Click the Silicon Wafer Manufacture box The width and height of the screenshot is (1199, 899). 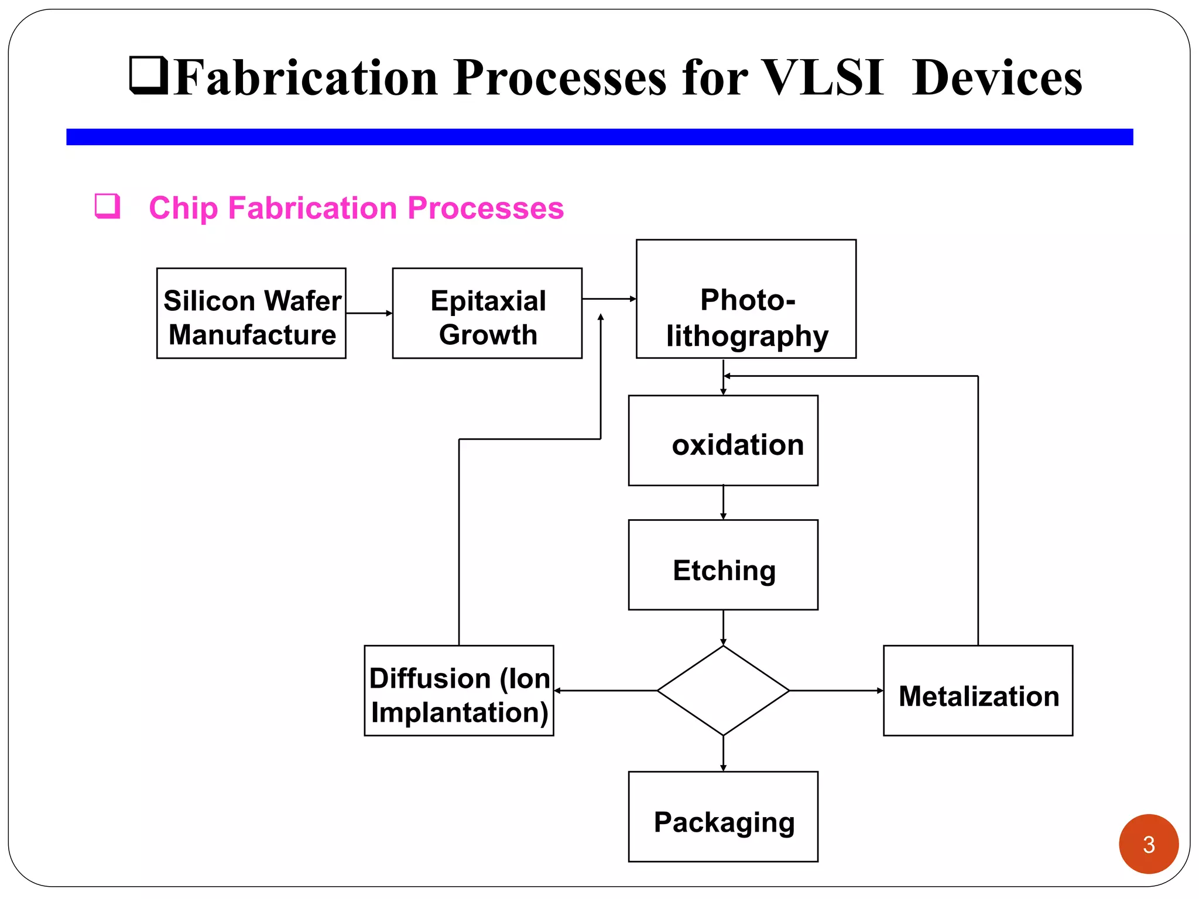point(251,314)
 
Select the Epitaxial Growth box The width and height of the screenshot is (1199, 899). point(487,314)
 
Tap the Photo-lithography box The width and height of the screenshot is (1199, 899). point(746,299)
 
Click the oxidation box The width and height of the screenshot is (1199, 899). point(723,441)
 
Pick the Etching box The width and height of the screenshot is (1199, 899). point(723,565)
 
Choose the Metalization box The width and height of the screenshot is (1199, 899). point(978,691)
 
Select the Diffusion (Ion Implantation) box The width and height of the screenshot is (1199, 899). point(458,691)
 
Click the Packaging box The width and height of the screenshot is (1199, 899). point(723,816)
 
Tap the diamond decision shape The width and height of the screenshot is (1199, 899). point(723,691)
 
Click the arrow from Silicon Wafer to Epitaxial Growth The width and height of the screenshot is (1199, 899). point(369,313)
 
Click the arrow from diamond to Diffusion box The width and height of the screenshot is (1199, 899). point(605,691)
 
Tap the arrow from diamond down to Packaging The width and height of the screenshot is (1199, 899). point(723,753)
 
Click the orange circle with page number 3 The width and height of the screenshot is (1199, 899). point(1148,844)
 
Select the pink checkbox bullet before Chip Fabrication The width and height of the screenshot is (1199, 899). point(108,206)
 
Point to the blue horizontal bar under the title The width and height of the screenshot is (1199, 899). point(599,137)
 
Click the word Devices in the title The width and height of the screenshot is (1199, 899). point(996,78)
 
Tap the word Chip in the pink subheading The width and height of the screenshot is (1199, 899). point(183,208)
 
